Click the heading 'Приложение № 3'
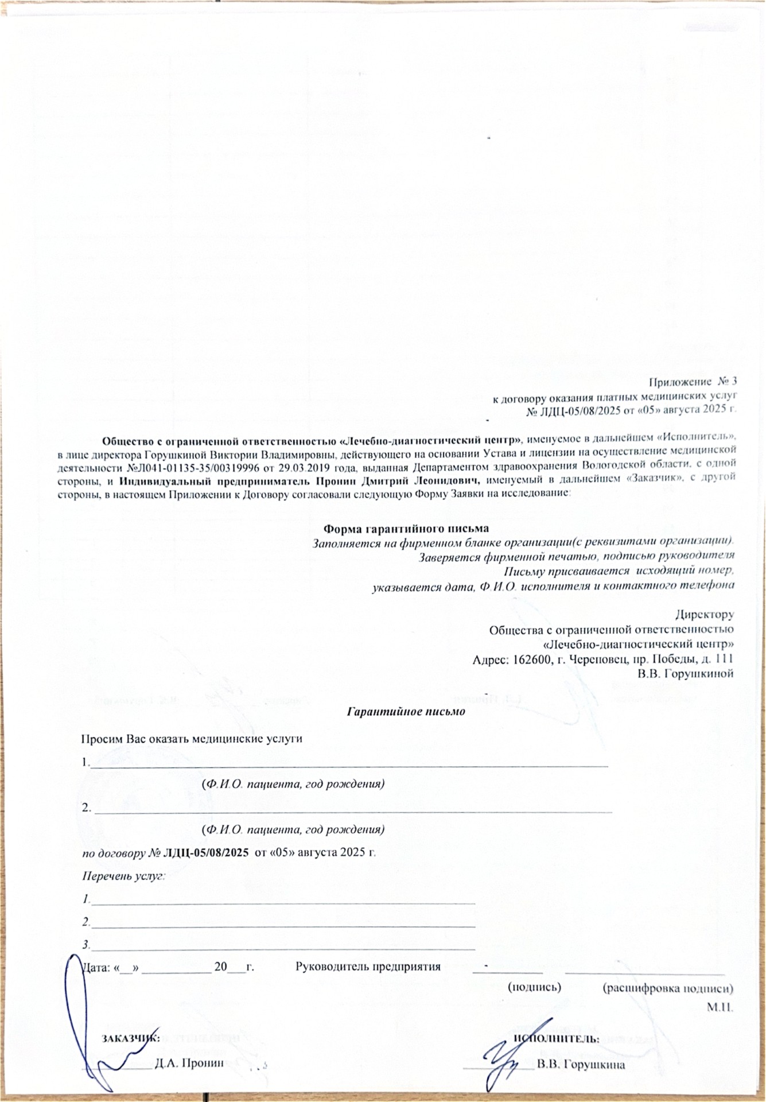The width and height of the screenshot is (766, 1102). (692, 382)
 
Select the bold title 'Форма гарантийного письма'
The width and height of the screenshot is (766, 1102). (407, 528)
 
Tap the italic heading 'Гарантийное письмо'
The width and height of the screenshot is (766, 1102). (407, 711)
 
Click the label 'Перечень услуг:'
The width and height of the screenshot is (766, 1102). (124, 876)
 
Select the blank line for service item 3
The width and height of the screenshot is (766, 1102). (283, 945)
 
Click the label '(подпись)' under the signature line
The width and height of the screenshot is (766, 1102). (534, 988)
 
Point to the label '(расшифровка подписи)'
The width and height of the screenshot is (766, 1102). (668, 988)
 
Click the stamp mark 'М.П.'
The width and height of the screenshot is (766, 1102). (721, 1007)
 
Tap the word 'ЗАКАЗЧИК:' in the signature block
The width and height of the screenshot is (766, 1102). (130, 1038)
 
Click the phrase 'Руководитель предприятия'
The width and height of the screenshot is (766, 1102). (368, 967)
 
